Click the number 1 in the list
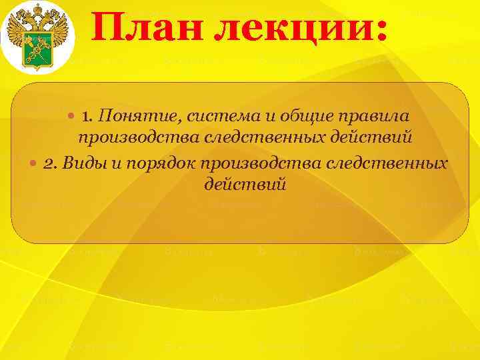[x=86, y=117]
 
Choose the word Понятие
[x=134, y=117]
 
